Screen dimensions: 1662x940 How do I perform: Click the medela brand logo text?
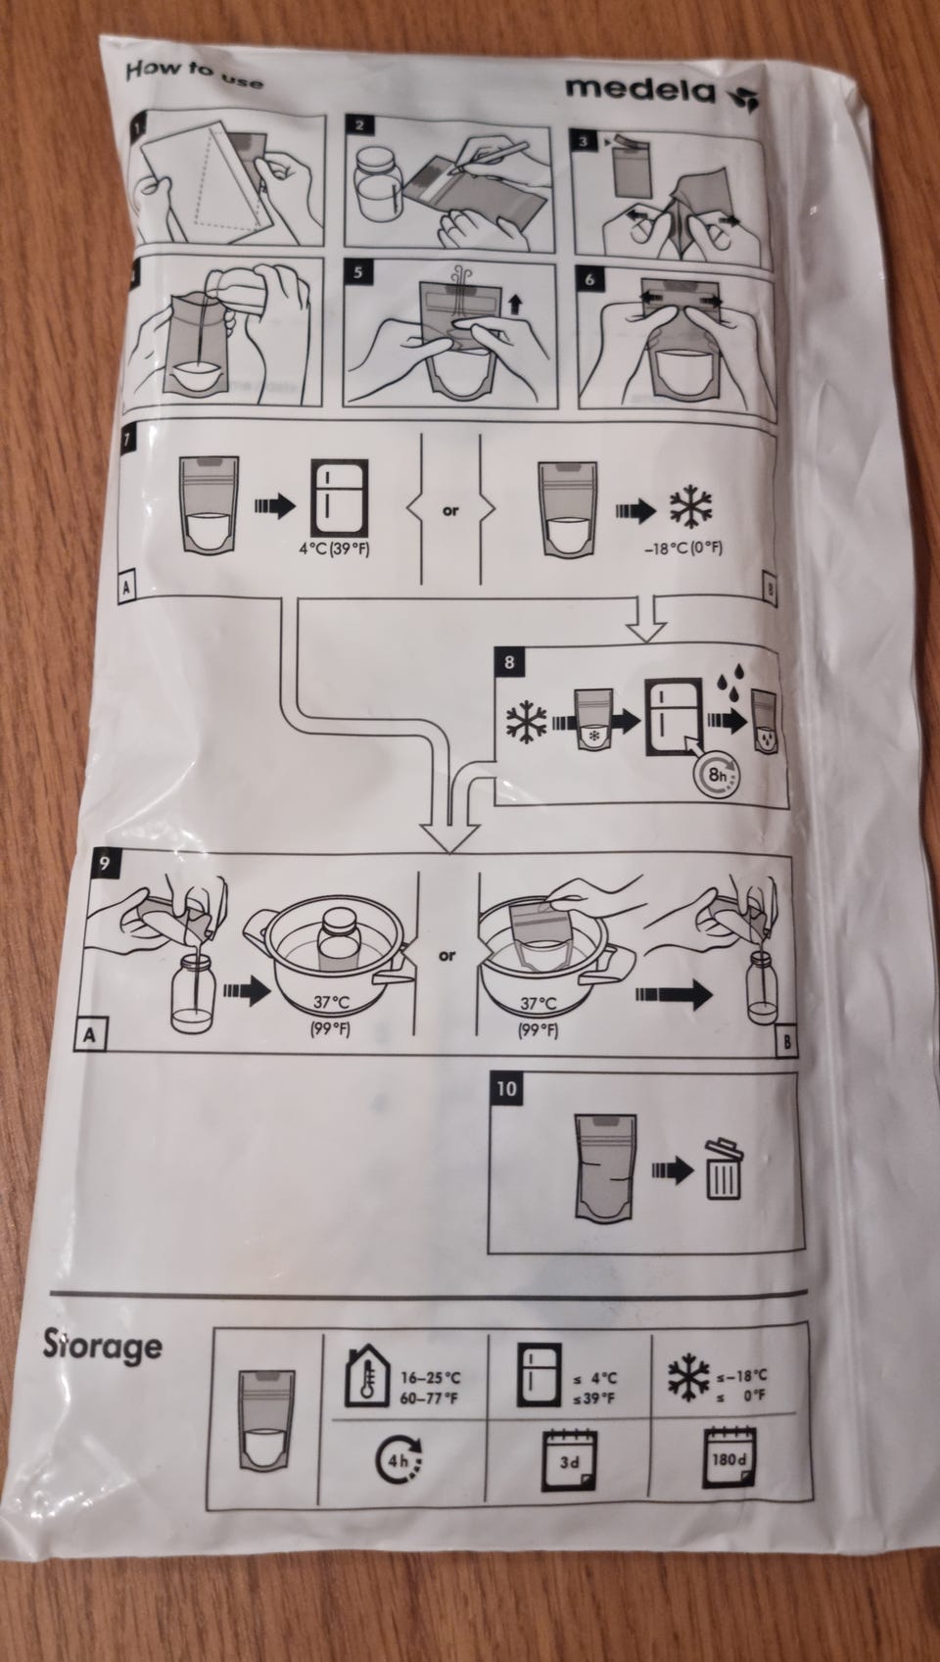640,88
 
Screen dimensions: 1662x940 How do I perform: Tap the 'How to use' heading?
195,74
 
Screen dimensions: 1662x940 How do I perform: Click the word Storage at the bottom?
102,1346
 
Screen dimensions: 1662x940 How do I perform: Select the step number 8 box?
508,661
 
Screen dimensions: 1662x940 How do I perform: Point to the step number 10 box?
509,1088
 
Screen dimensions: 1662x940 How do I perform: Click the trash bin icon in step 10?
724,1169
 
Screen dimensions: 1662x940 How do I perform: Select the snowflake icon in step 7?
694,506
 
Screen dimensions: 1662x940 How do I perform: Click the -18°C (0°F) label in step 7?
682,548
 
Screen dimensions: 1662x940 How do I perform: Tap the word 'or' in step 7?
449,509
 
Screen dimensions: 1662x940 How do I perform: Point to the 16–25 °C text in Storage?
430,1377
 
